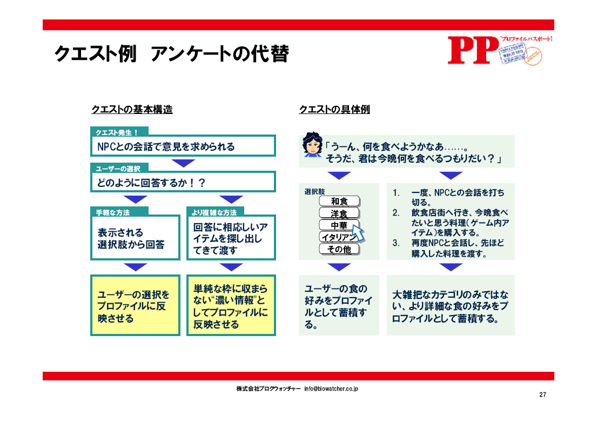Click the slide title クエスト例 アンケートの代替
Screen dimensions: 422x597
click(x=171, y=54)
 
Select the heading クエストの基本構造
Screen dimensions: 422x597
click(x=132, y=110)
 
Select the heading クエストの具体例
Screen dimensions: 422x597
click(x=334, y=110)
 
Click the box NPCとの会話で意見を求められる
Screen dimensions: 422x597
click(x=183, y=146)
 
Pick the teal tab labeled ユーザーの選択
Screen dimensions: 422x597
click(x=118, y=169)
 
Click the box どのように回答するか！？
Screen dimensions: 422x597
click(x=183, y=183)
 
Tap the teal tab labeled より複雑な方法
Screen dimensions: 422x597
click(x=215, y=212)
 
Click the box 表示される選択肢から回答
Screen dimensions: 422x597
click(x=135, y=239)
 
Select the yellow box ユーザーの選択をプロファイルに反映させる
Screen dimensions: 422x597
click(x=135, y=306)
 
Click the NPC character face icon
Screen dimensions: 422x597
click(x=312, y=145)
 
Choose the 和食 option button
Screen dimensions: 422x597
click(x=339, y=202)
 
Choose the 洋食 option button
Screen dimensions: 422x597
click(x=339, y=213)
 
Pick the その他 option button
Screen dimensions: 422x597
click(x=339, y=249)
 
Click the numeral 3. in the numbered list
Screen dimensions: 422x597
click(x=396, y=243)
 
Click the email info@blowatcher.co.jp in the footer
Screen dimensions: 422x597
click(x=331, y=388)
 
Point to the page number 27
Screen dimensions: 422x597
click(x=542, y=395)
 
